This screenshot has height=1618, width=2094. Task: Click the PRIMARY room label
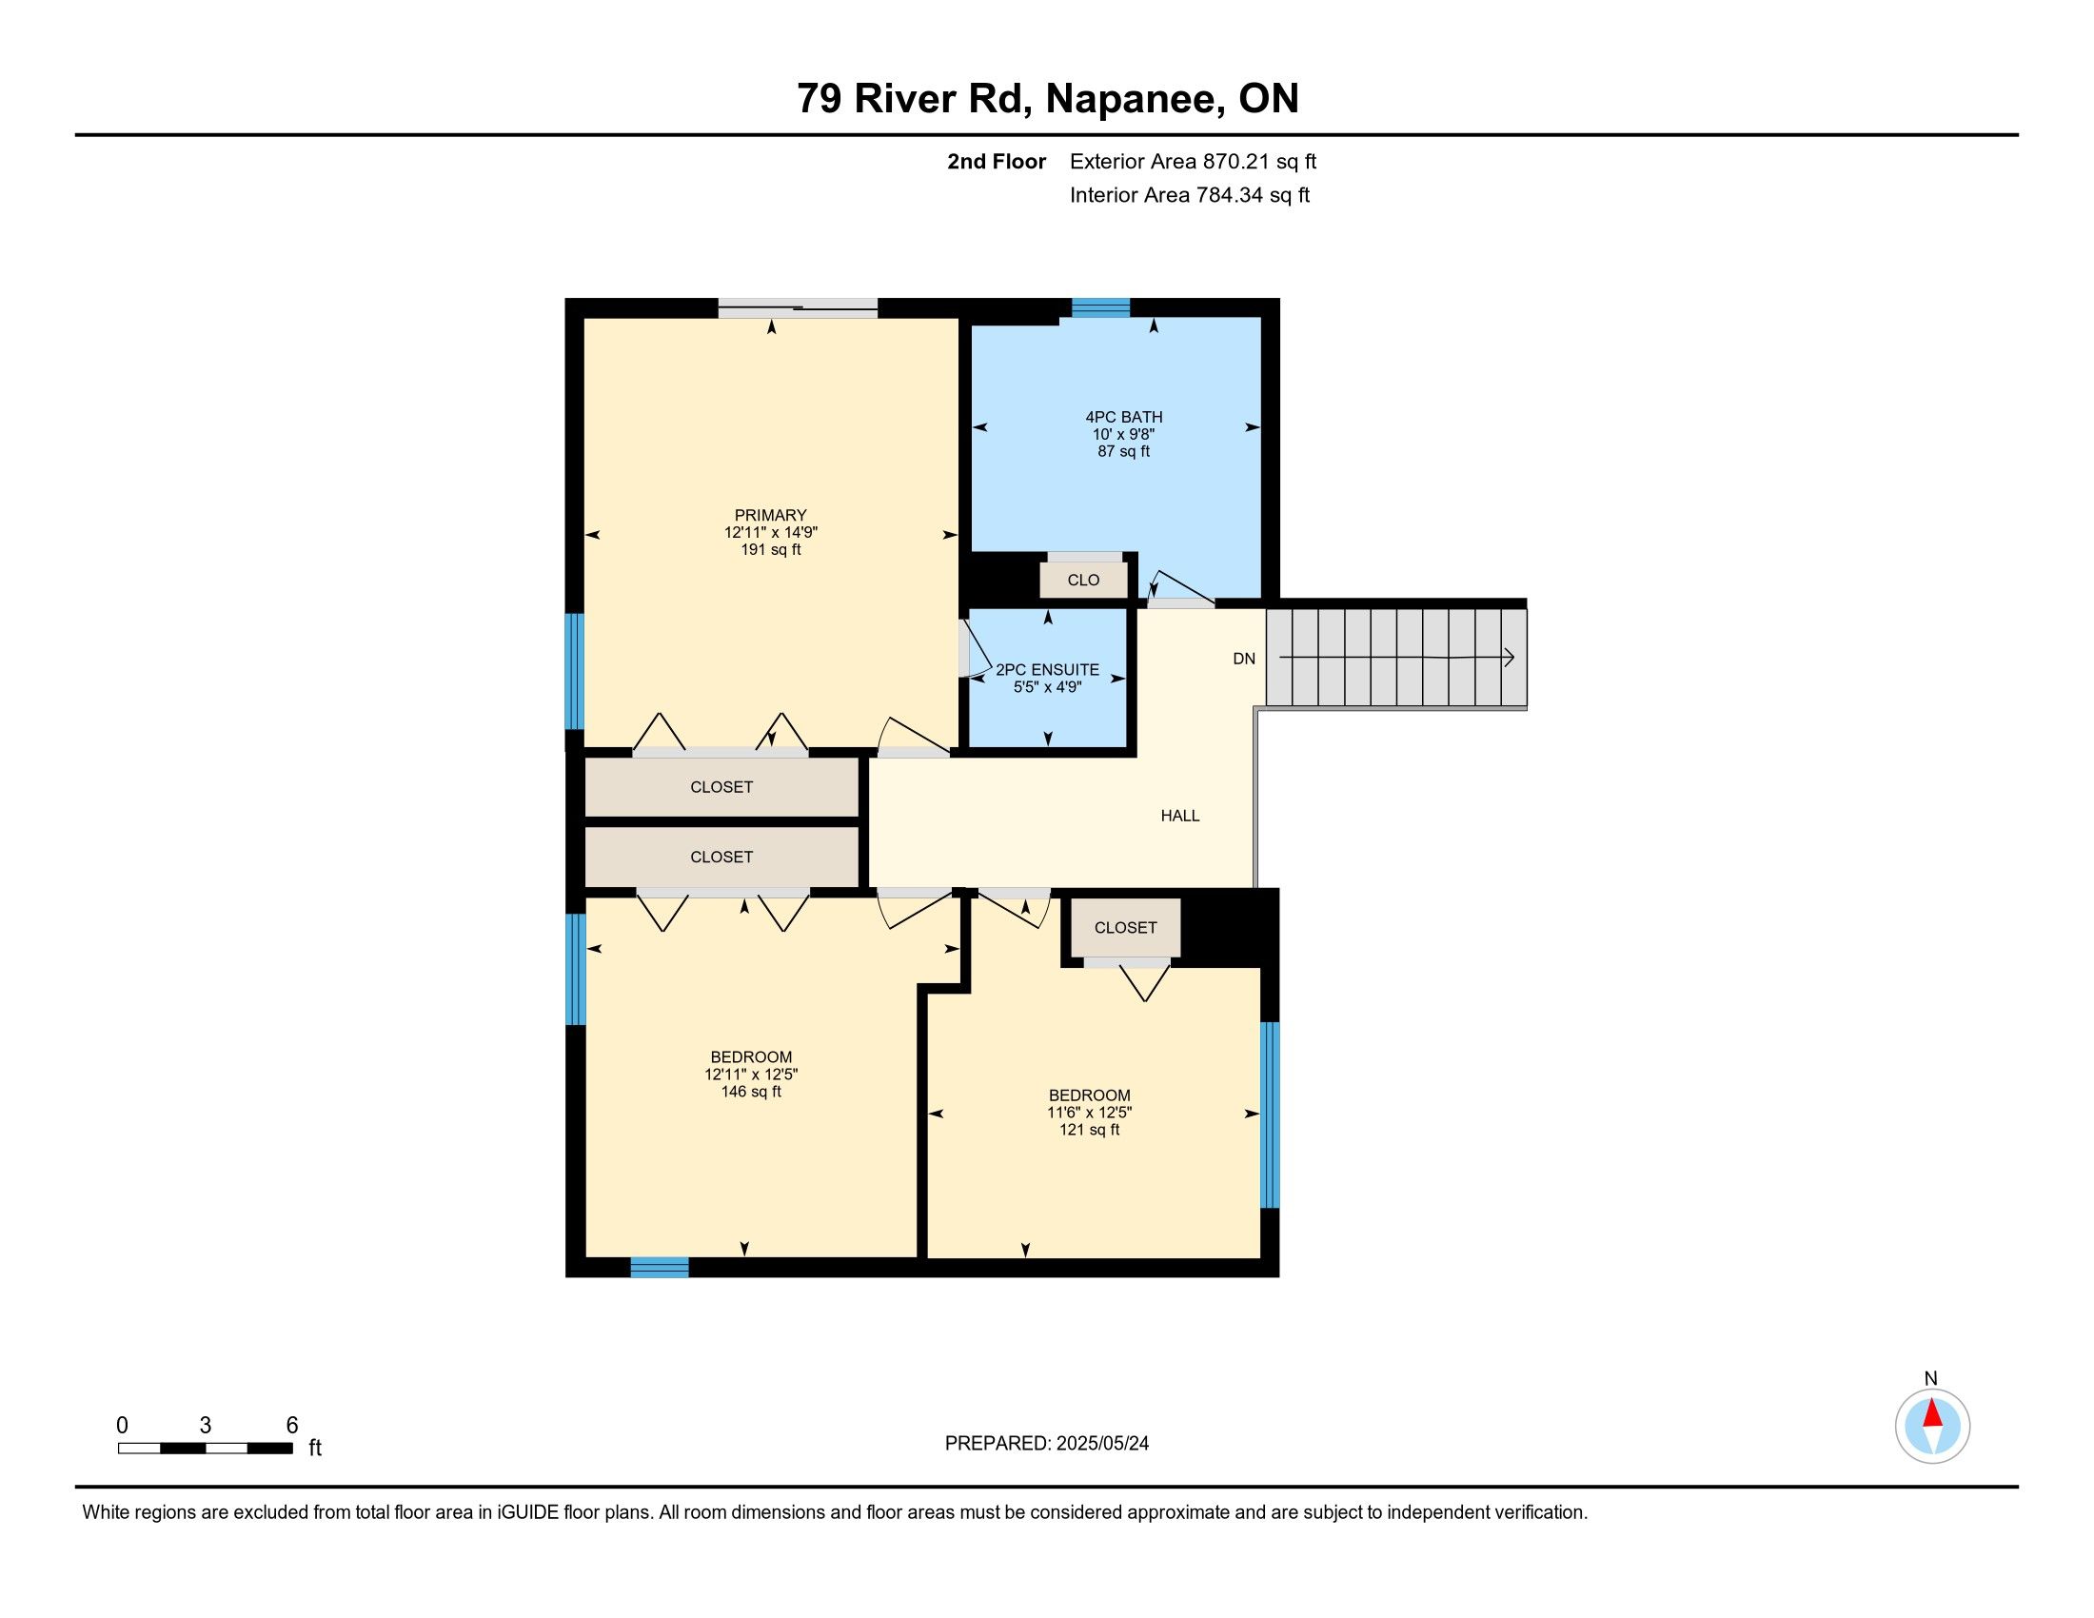pyautogui.click(x=770, y=515)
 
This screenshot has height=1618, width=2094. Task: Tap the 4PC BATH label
pyautogui.click(x=1124, y=417)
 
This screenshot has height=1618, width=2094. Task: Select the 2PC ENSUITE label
pyautogui.click(x=1047, y=670)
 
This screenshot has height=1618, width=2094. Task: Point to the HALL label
pyautogui.click(x=1180, y=816)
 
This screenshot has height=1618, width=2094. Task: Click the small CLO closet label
pyautogui.click(x=1083, y=580)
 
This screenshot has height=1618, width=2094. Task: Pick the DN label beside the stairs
pyautogui.click(x=1244, y=659)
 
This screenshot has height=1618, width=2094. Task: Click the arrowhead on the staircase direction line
pyautogui.click(x=1509, y=658)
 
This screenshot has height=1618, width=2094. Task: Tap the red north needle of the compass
pyautogui.click(x=1932, y=1412)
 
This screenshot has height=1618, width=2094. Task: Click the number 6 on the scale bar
pyautogui.click(x=292, y=1426)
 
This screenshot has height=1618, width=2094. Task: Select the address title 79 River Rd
pyautogui.click(x=914, y=98)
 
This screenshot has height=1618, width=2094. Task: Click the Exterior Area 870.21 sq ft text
pyautogui.click(x=1193, y=161)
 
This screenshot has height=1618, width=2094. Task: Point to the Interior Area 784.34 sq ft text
pyautogui.click(x=1190, y=194)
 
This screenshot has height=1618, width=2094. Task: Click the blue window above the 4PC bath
pyautogui.click(x=1100, y=307)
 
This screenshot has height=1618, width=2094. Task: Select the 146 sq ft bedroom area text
pyautogui.click(x=751, y=1092)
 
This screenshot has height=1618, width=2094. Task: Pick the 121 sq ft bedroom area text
pyautogui.click(x=1089, y=1130)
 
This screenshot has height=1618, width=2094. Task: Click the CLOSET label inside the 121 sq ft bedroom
pyautogui.click(x=1126, y=928)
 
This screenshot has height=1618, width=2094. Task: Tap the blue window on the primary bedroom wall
pyautogui.click(x=574, y=672)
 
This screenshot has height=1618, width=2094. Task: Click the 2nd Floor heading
pyautogui.click(x=997, y=161)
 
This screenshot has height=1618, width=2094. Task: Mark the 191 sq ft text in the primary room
pyautogui.click(x=771, y=550)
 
